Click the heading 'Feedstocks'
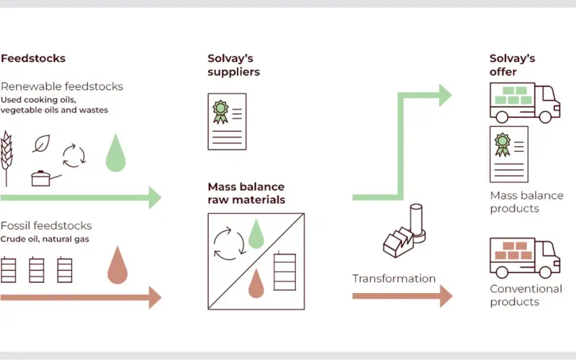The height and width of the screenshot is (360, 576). [33, 58]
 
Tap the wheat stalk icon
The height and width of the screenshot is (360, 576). [6, 158]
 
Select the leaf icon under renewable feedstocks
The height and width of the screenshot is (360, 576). [41, 143]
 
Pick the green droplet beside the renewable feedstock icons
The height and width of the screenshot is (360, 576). [116, 153]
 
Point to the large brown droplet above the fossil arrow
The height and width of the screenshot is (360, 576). [117, 265]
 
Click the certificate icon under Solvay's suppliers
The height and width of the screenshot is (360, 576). [227, 122]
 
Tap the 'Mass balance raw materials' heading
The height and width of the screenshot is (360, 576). [246, 193]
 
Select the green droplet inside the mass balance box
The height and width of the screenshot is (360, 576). [256, 234]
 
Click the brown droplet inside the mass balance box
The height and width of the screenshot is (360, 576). [256, 283]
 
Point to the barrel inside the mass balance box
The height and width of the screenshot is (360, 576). [284, 271]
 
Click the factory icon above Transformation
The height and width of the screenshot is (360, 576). [405, 230]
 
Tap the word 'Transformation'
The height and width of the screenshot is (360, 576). [394, 279]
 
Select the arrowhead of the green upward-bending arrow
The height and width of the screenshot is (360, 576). [446, 95]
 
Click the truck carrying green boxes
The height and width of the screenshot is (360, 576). [525, 102]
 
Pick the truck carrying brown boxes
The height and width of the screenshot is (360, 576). [525, 258]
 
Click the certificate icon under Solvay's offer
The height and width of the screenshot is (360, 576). [509, 154]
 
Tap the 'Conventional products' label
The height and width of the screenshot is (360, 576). [526, 295]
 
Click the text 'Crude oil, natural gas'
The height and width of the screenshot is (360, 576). [45, 239]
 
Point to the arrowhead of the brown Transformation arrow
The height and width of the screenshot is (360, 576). [446, 296]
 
